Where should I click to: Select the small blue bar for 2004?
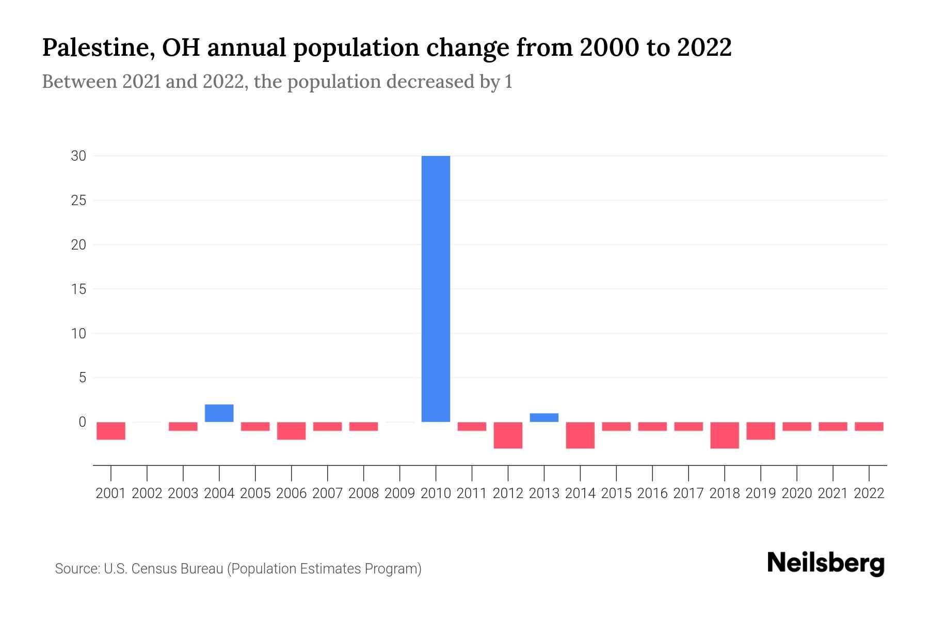pos(219,413)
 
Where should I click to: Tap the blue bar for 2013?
pos(544,417)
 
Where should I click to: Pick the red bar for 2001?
pos(111,431)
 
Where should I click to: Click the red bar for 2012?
pos(508,435)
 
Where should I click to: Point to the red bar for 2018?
pos(725,435)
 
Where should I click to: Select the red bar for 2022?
pos(869,426)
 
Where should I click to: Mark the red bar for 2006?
pos(292,431)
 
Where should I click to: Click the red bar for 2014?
pos(580,435)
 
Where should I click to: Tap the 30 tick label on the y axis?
pos(78,156)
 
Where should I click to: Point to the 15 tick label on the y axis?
pos(78,289)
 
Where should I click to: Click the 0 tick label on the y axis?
pos(82,422)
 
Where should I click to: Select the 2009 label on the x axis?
pos(400,493)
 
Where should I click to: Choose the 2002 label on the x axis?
pos(147,493)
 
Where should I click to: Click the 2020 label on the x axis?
pos(797,493)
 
